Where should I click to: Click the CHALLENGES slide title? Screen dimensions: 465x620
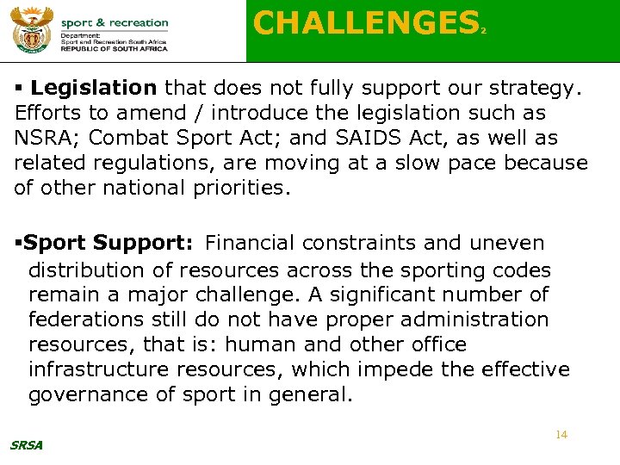[365, 23]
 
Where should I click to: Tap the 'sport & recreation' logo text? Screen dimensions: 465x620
[115, 22]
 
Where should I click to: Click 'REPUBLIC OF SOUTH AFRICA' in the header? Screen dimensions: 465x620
[115, 50]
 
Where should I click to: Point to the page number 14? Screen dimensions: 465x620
[561, 435]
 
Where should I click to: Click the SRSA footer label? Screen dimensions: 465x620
[26, 445]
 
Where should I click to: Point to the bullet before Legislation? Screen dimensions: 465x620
[20, 88]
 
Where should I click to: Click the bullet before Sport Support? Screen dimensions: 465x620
[18, 245]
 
